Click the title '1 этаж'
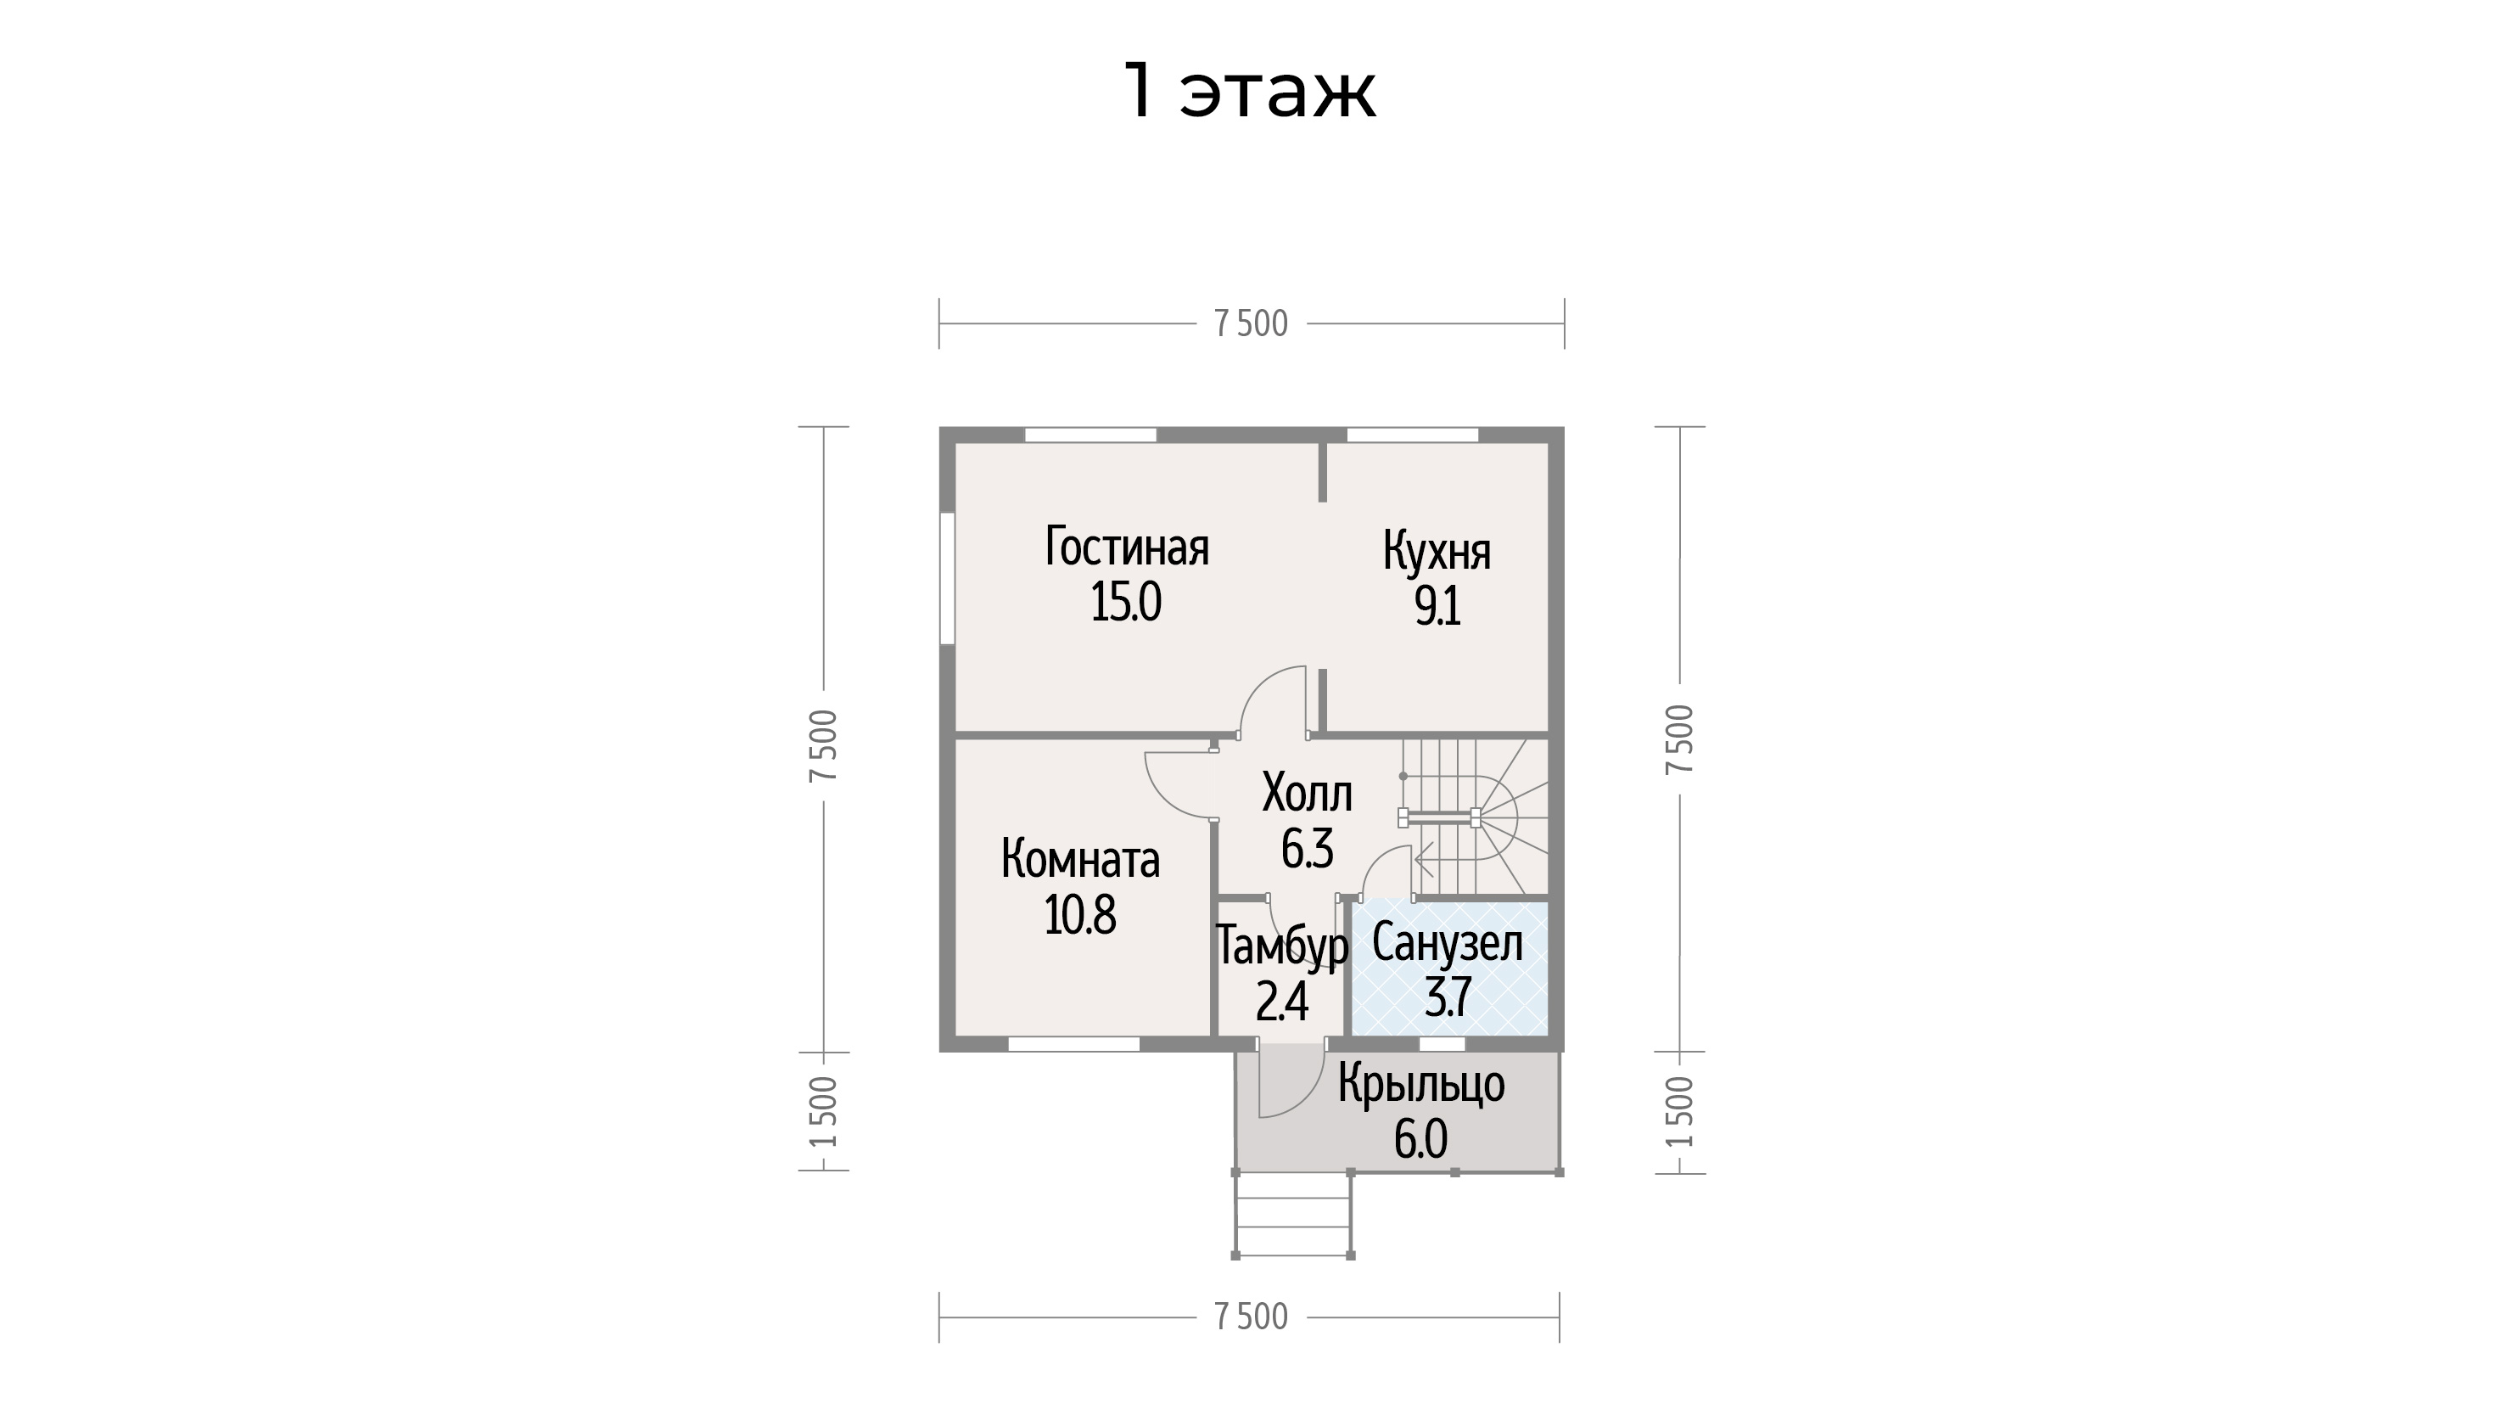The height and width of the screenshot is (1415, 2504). pos(1250,92)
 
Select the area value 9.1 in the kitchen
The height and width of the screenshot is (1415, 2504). pos(1437,607)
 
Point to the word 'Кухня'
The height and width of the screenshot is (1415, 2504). pos(1437,552)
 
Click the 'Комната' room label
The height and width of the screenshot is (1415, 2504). pos(1080,860)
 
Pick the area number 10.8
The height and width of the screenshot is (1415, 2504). pos(1080,915)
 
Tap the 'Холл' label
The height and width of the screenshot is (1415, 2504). pos(1307,794)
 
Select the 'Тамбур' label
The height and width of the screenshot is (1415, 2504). pos(1282,946)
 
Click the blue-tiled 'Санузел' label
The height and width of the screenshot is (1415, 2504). pos(1448,943)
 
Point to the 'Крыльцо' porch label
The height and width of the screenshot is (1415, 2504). pos(1421,1083)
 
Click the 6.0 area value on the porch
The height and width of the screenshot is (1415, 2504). pos(1421,1140)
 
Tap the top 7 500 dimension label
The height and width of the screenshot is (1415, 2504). pos(1251,324)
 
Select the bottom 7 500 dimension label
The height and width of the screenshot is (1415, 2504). pos(1251,1317)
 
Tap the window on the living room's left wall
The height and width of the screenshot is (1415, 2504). pos(947,578)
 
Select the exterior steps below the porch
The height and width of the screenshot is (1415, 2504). pos(1294,1216)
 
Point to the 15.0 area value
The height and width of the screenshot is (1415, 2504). pos(1127,602)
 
